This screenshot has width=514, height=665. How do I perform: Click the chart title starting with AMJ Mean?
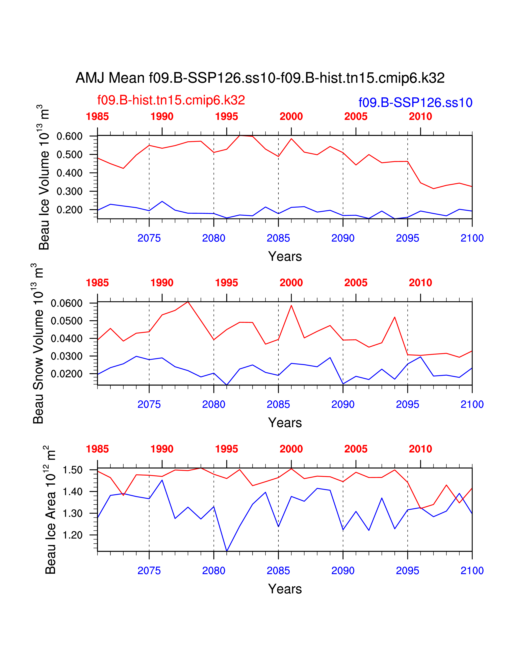coord(260,78)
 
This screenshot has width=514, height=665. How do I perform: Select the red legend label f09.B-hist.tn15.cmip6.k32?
coord(171,100)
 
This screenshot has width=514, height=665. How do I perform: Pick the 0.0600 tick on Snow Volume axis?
coord(67,303)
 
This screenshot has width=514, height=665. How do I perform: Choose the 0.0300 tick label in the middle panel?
coord(67,356)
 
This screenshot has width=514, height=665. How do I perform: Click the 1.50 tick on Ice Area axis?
coord(73,470)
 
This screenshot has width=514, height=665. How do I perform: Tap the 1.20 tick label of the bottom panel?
coord(73,535)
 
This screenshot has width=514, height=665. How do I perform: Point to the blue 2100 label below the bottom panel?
coord(472,571)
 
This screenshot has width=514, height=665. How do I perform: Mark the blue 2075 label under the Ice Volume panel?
coord(149,238)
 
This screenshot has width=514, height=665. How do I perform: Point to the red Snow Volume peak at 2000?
coord(291,305)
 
